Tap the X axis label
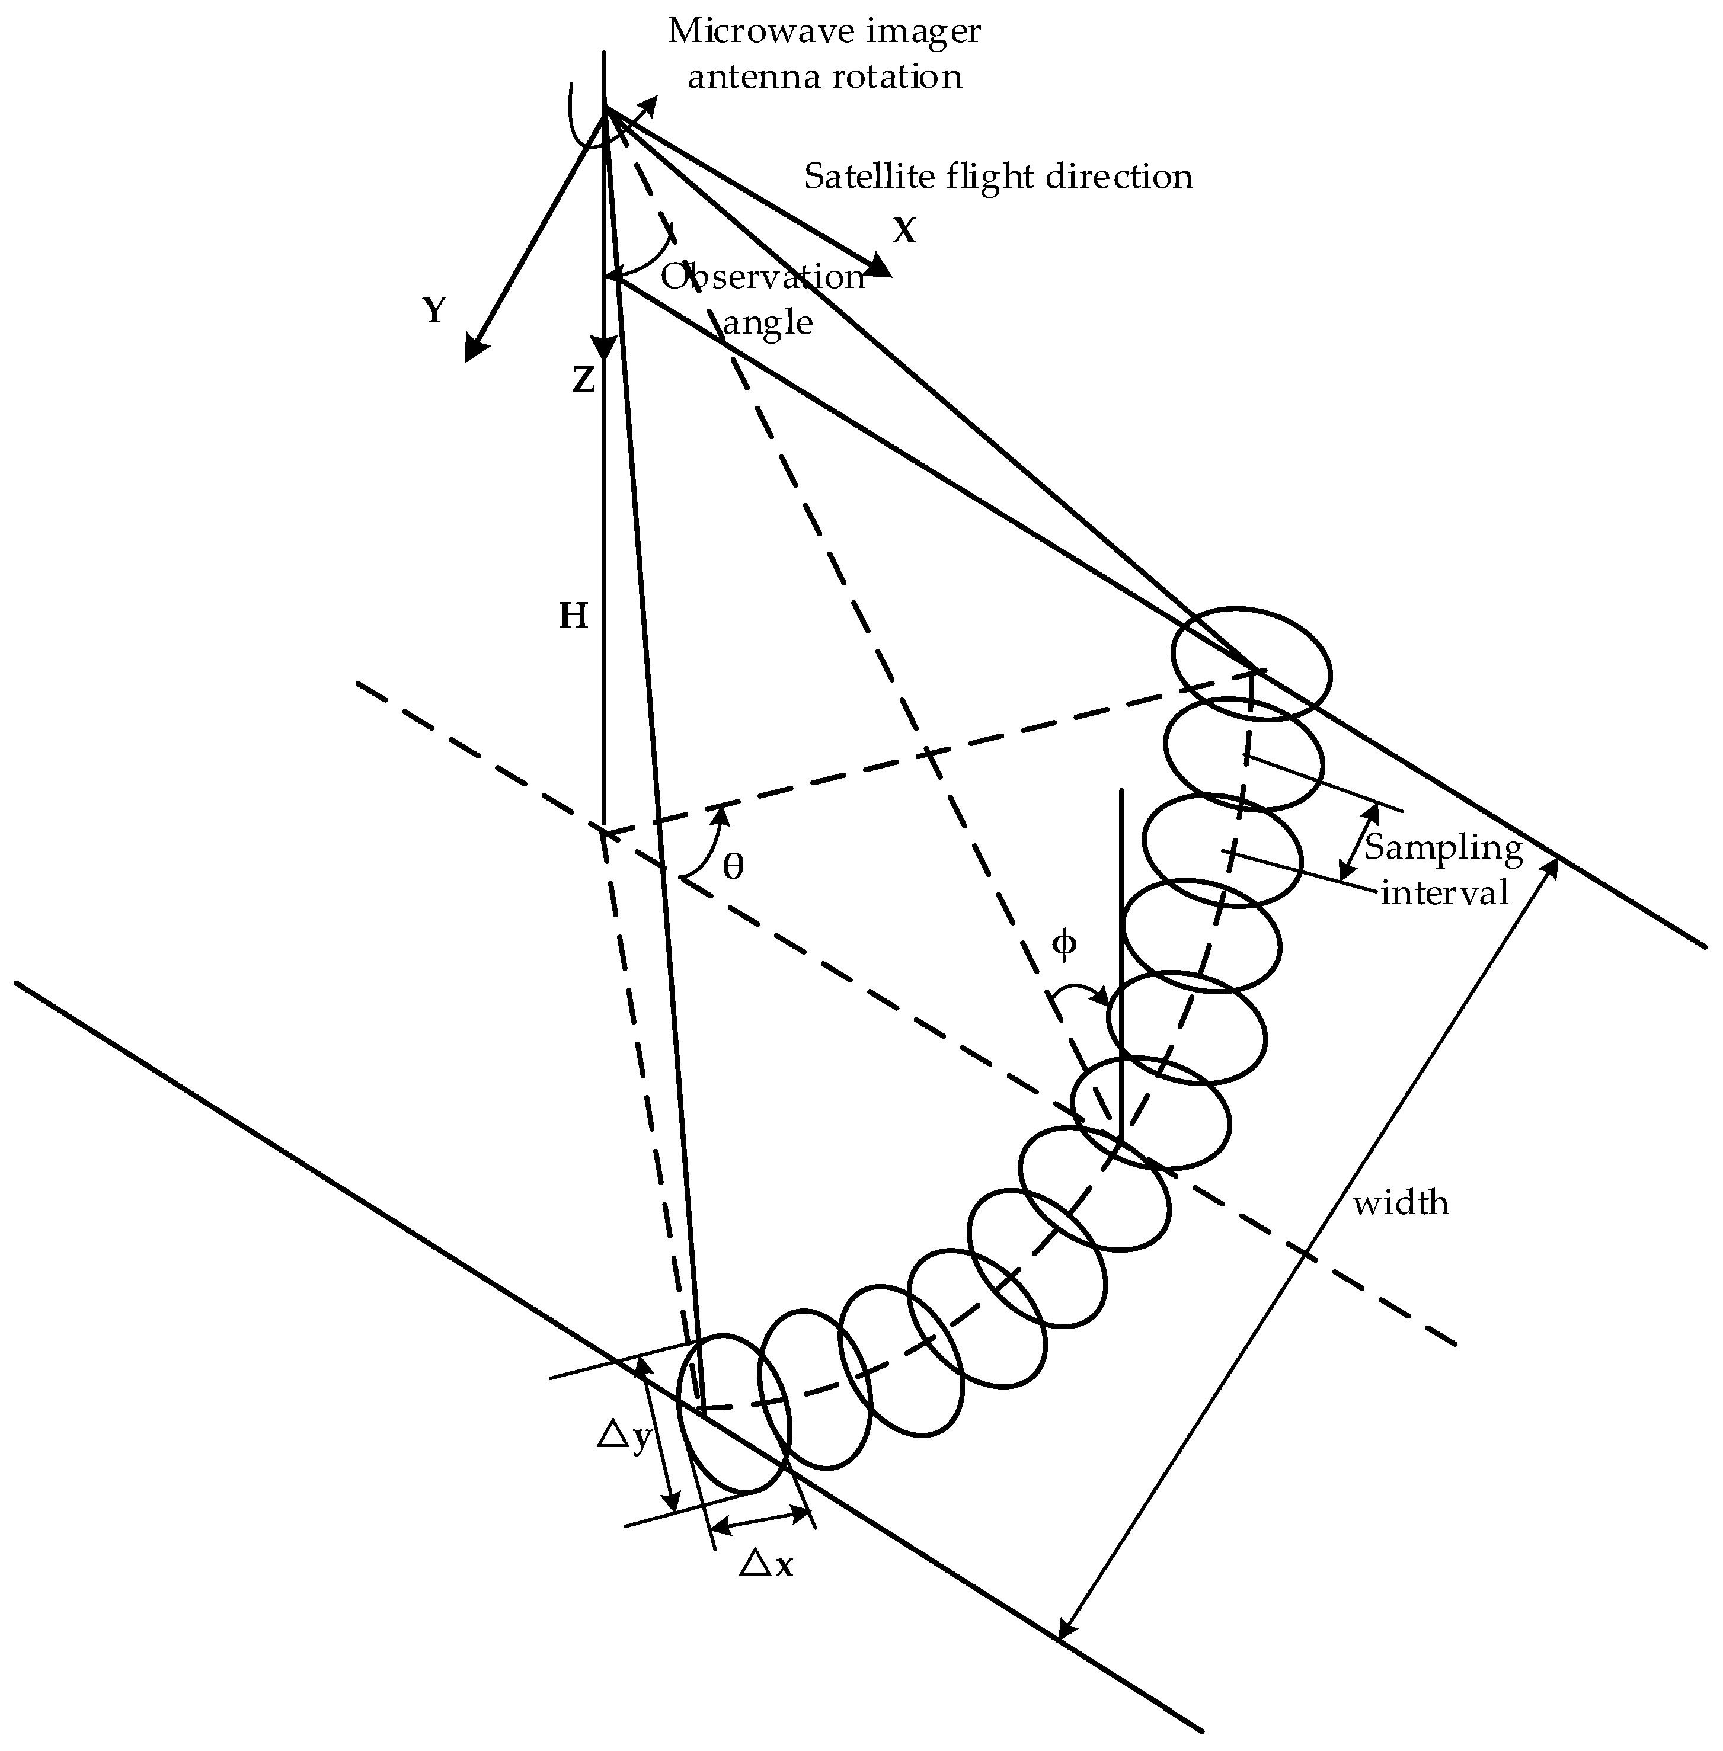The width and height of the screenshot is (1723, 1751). [x=904, y=232]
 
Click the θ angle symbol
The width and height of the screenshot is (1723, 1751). [x=733, y=867]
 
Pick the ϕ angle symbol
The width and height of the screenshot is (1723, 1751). [x=1065, y=945]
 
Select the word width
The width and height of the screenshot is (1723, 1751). [x=1401, y=1203]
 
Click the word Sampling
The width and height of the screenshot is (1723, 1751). [x=1443, y=848]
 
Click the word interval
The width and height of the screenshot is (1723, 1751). [x=1444, y=892]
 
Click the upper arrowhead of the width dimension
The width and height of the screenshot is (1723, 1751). [x=1551, y=864]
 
